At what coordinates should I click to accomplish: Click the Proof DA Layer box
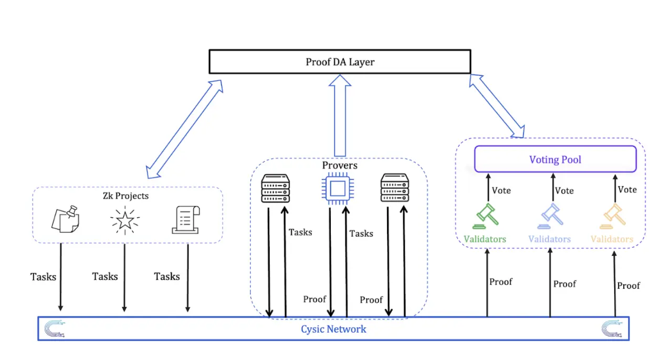pos(340,62)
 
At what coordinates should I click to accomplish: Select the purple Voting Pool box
pos(555,159)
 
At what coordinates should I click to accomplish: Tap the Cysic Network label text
pos(333,329)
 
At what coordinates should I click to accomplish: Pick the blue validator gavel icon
pos(549,216)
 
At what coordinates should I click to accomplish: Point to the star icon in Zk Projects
pos(124,220)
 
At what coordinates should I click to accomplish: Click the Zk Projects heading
pos(126,196)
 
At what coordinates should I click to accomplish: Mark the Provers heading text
pos(339,165)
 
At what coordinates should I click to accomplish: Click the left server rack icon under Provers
pos(276,189)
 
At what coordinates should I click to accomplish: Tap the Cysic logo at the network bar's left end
pos(53,329)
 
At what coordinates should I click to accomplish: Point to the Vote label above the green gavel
pos(501,190)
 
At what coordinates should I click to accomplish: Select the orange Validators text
pos(612,239)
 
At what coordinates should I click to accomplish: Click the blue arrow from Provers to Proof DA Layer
pos(339,115)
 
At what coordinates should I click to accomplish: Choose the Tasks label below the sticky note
pos(43,277)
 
